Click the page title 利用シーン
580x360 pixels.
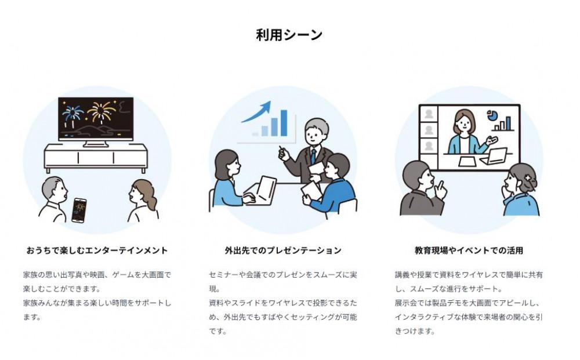pyautogui.click(x=289, y=35)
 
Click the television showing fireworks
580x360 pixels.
pyautogui.click(x=96, y=119)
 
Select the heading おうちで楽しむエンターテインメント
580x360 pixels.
pyautogui.click(x=97, y=250)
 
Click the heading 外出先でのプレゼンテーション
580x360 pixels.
pyautogui.click(x=283, y=250)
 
